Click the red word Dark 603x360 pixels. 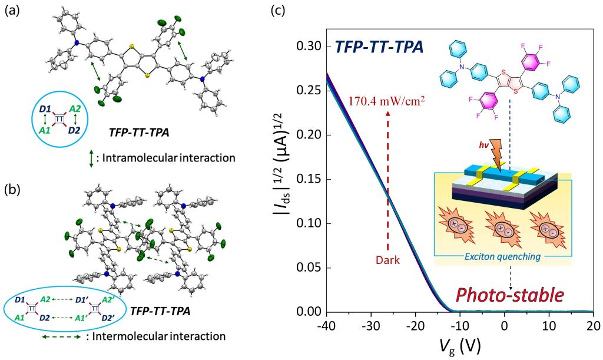point(387,259)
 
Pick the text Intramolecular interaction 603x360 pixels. point(165,158)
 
